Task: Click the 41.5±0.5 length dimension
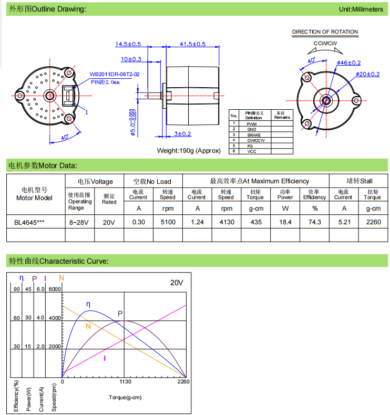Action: point(192,44)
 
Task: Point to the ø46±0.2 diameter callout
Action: point(348,63)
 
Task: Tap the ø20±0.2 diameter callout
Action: point(367,74)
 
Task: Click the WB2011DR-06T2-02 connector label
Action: point(115,75)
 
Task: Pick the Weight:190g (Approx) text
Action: point(189,150)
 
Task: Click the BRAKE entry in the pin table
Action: point(253,134)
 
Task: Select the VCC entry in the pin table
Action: point(252,151)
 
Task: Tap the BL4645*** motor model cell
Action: point(29,222)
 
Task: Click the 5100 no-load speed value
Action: point(168,222)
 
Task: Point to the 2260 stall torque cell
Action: point(373,222)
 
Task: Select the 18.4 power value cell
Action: point(285,222)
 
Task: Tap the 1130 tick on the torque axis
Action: point(124,382)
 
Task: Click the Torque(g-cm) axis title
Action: point(125,397)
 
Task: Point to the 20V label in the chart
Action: point(176,282)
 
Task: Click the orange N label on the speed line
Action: point(88,326)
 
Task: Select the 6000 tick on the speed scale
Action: point(55,289)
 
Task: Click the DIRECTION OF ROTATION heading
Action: point(325,32)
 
